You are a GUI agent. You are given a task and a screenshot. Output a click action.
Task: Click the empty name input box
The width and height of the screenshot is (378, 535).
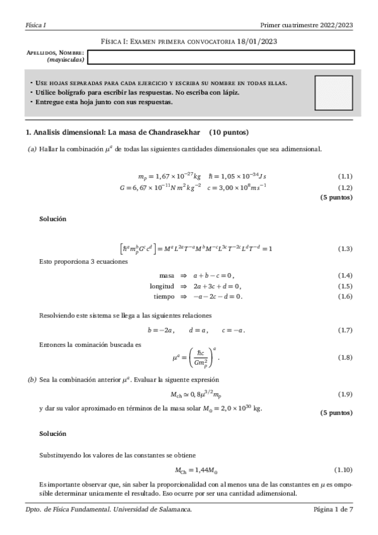[x=220, y=57]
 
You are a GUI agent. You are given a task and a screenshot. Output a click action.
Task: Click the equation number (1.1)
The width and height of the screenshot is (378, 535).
[x=345, y=176]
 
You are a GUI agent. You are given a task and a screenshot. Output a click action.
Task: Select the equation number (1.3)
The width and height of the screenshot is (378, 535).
[x=345, y=249]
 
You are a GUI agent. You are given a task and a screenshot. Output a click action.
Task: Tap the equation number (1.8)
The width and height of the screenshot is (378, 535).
[x=345, y=358]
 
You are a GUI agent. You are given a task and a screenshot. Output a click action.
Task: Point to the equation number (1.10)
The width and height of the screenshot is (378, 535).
[x=343, y=470]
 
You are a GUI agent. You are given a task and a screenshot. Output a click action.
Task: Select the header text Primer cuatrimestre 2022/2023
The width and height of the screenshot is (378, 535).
[x=306, y=25]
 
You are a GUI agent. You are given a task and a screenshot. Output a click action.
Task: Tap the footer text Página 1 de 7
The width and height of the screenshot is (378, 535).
[x=333, y=509]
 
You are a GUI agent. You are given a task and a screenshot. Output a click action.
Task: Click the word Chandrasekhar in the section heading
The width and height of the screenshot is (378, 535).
[x=174, y=132]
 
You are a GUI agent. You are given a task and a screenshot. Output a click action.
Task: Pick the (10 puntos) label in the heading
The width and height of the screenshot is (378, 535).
[x=228, y=132]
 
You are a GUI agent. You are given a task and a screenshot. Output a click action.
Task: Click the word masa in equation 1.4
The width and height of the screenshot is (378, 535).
[x=167, y=276]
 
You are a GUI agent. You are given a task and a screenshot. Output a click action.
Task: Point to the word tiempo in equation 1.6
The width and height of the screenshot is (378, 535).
[x=163, y=296]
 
